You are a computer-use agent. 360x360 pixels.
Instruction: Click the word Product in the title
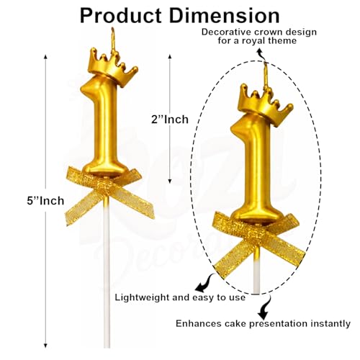coord(121,16)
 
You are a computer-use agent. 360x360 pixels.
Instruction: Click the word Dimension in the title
coord(225,16)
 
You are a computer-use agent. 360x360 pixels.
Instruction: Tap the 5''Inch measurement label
coord(45,201)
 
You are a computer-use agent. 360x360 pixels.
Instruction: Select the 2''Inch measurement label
coord(170,120)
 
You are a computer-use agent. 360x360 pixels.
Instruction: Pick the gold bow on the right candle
coord(259,243)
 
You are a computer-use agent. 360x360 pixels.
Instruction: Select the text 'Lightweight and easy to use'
coord(180,297)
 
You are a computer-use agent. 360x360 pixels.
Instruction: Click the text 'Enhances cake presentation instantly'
coord(263,324)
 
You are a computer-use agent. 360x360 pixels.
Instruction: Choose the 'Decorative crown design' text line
coord(259,32)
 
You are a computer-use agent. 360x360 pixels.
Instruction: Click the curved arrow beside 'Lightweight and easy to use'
coord(204,283)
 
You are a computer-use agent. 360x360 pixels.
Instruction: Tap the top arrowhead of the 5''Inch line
coord(45,57)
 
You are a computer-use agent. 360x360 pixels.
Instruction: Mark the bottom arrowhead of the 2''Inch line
coord(170,181)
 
